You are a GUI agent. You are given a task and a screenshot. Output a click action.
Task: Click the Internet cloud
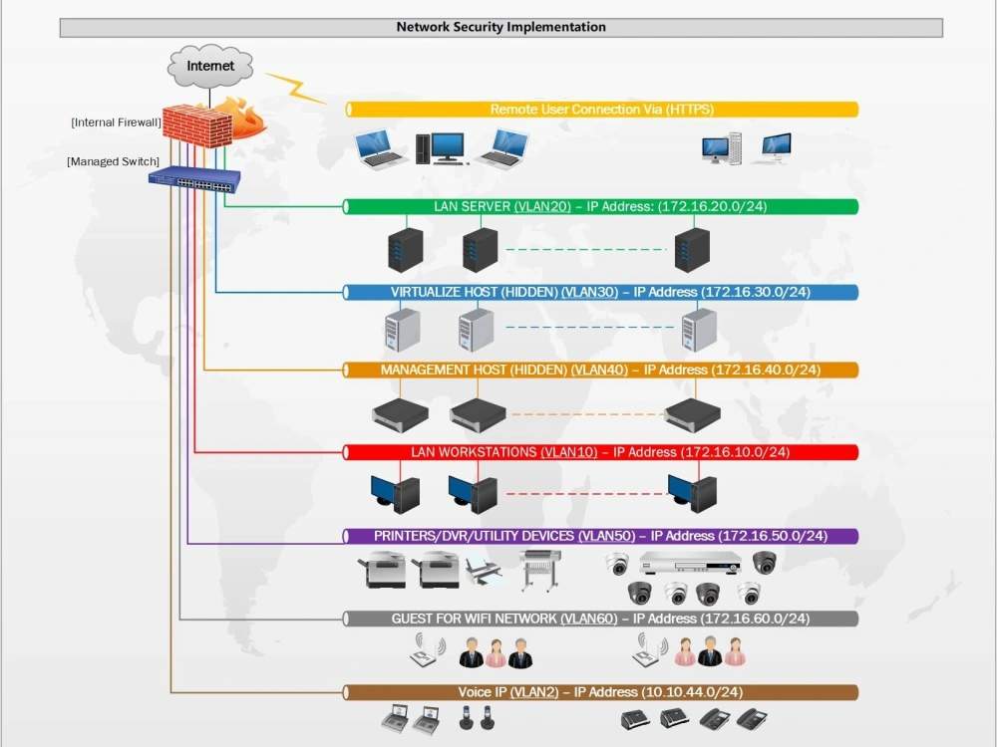tap(209, 66)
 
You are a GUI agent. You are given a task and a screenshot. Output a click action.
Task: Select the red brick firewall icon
tap(197, 125)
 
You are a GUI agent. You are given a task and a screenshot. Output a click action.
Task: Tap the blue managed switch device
tap(194, 179)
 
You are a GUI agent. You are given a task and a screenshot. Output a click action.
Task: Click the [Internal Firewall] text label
tap(116, 123)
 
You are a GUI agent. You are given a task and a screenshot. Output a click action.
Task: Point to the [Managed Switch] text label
tap(114, 161)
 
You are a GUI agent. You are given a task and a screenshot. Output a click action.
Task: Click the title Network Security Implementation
tap(501, 27)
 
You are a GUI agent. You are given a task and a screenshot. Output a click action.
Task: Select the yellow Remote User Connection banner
tap(601, 110)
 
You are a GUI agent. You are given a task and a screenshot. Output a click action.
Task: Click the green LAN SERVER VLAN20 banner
tap(600, 206)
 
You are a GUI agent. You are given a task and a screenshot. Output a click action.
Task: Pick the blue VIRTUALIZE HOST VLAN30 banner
tap(600, 292)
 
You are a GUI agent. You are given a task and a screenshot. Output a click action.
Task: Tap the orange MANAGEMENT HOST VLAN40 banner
tap(600, 370)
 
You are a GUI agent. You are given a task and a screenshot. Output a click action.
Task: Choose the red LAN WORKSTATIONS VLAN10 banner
tap(600, 452)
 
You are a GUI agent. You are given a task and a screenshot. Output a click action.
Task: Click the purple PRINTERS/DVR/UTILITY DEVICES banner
tap(600, 536)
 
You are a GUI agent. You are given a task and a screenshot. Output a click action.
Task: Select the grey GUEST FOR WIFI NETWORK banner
tap(600, 619)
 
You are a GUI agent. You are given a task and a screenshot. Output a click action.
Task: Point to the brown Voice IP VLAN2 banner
tap(600, 692)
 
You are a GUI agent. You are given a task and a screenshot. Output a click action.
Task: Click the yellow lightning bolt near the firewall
tap(294, 88)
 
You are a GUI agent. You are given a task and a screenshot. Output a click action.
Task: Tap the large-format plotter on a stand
tap(539, 570)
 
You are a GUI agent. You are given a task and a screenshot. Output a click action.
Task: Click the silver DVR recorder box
tap(690, 564)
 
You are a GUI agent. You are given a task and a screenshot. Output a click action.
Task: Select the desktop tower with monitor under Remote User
tap(441, 148)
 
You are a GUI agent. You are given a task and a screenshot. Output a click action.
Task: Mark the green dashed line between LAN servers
tap(585, 250)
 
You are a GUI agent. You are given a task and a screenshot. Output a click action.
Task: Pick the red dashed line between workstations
tap(585, 494)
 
